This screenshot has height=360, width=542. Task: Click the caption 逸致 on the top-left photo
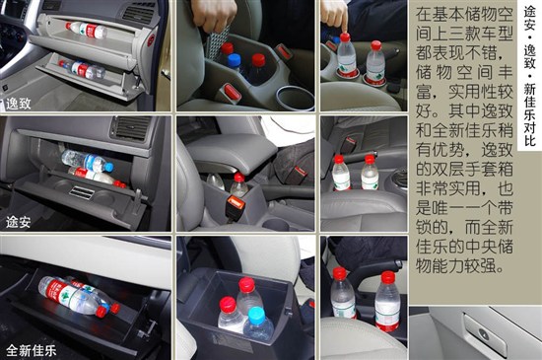click(x=19, y=104)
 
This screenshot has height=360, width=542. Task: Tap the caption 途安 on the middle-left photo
click(x=19, y=222)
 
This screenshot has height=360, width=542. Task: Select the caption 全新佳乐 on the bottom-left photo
click(x=32, y=351)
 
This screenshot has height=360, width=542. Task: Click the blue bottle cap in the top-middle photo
click(x=234, y=59)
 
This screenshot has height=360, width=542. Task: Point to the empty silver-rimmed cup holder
click(x=295, y=98)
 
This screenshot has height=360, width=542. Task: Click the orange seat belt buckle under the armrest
click(x=236, y=202)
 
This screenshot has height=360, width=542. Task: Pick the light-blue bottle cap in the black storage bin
click(x=256, y=316)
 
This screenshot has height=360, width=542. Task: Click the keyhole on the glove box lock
click(x=484, y=334)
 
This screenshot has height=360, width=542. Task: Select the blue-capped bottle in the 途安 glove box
click(x=87, y=161)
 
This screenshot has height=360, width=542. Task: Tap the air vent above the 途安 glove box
click(x=130, y=127)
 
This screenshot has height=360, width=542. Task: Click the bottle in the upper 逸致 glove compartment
click(x=87, y=31)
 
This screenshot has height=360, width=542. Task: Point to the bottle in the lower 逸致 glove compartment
click(x=82, y=69)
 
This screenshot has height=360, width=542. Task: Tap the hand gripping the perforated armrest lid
click(x=214, y=15)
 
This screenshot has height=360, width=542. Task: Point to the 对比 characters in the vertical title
click(x=529, y=133)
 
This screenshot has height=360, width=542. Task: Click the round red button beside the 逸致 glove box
click(x=151, y=40)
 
